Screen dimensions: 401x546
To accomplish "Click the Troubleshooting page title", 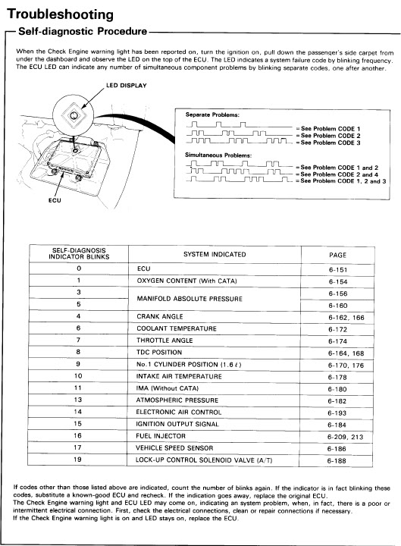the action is coord(60,14).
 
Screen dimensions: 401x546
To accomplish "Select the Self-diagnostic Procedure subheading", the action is coord(83,31).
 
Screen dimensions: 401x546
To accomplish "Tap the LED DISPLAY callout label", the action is coord(126,85).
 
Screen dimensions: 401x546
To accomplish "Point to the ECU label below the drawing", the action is coord(55,200).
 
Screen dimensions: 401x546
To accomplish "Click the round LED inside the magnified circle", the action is coord(74,115).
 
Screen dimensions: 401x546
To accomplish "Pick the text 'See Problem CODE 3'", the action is coord(331,143).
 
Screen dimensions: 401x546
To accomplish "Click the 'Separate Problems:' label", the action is coord(212,115).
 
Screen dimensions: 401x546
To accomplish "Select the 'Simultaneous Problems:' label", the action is coord(218,155).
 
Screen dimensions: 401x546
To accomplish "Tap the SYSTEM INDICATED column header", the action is coord(215,255).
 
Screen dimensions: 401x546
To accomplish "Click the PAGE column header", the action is coord(337,256).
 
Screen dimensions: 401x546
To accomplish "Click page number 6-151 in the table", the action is coord(337,270).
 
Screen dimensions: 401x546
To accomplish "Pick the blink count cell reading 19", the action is coord(77,460).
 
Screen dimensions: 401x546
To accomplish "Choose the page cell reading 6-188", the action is coord(337,461).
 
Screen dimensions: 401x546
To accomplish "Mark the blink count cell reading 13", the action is coord(77,400).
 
